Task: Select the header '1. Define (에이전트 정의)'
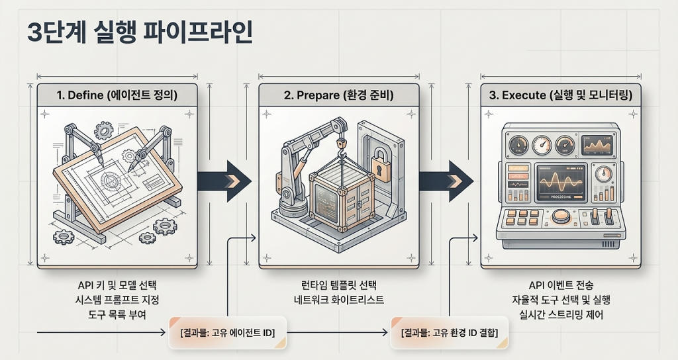(x=117, y=95)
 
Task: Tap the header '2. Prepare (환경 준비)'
(x=338, y=95)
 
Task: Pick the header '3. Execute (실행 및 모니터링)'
(x=560, y=95)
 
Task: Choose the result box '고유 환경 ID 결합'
(x=450, y=332)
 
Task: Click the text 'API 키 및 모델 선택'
(x=117, y=285)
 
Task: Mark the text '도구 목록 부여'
(x=117, y=315)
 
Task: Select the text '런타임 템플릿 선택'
(x=338, y=285)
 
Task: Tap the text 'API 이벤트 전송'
(x=560, y=285)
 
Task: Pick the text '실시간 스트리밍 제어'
(x=560, y=315)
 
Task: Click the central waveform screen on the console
(x=560, y=182)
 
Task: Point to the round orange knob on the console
(x=560, y=216)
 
